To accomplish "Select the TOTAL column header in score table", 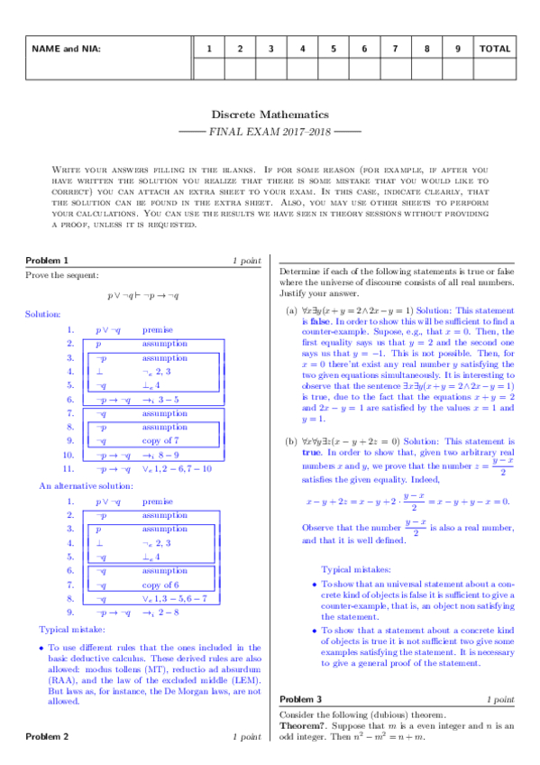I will click(x=495, y=49).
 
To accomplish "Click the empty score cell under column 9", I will click(x=457, y=69).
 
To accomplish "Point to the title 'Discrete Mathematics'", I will click(x=270, y=115).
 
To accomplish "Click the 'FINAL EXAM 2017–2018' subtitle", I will click(x=270, y=132).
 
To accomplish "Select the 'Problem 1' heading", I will click(x=47, y=261).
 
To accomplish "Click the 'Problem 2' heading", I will click(x=47, y=737).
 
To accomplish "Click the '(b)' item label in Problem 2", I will click(x=291, y=416).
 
